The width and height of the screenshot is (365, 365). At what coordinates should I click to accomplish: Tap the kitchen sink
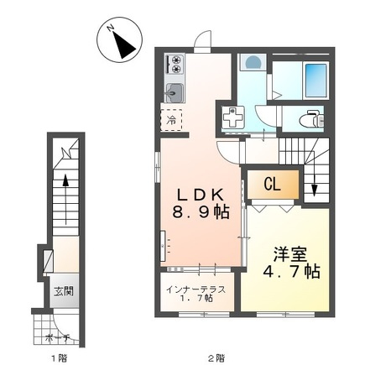175,93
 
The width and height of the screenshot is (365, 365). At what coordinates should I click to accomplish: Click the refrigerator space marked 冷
171,120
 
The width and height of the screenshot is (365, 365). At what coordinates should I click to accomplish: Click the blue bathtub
316,81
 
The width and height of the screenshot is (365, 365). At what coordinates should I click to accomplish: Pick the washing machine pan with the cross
233,117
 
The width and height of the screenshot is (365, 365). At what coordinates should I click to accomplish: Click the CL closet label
272,185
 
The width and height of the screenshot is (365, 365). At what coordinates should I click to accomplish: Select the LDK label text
201,195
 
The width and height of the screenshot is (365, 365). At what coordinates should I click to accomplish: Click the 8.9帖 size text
201,211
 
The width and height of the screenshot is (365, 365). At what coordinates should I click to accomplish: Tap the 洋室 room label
290,254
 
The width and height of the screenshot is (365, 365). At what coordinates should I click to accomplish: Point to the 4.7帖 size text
292,271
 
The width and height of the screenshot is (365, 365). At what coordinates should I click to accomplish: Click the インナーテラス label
196,289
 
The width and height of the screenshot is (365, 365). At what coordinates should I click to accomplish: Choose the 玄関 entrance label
64,291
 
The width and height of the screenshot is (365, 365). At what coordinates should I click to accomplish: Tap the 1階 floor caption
59,357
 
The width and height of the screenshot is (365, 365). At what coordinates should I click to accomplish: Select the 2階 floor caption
216,357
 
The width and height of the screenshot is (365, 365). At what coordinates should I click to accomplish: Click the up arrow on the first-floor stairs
65,200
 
